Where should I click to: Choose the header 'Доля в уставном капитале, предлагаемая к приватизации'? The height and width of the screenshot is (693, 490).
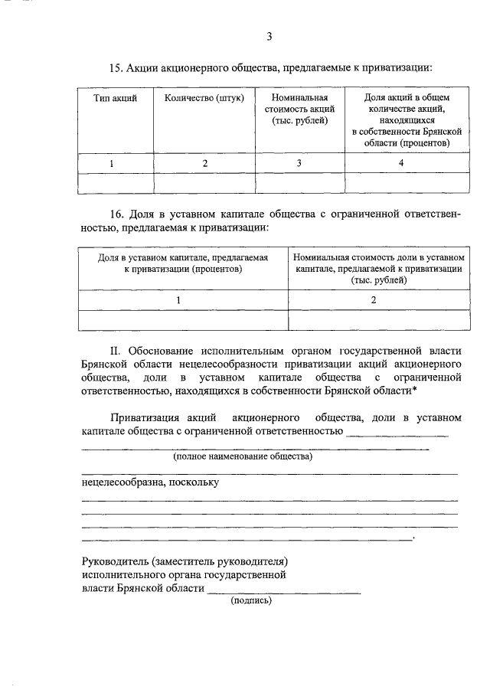click(x=183, y=263)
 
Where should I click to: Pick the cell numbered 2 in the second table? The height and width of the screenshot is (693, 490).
click(x=374, y=299)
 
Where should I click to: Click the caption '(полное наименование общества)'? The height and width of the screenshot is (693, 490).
click(x=243, y=457)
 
